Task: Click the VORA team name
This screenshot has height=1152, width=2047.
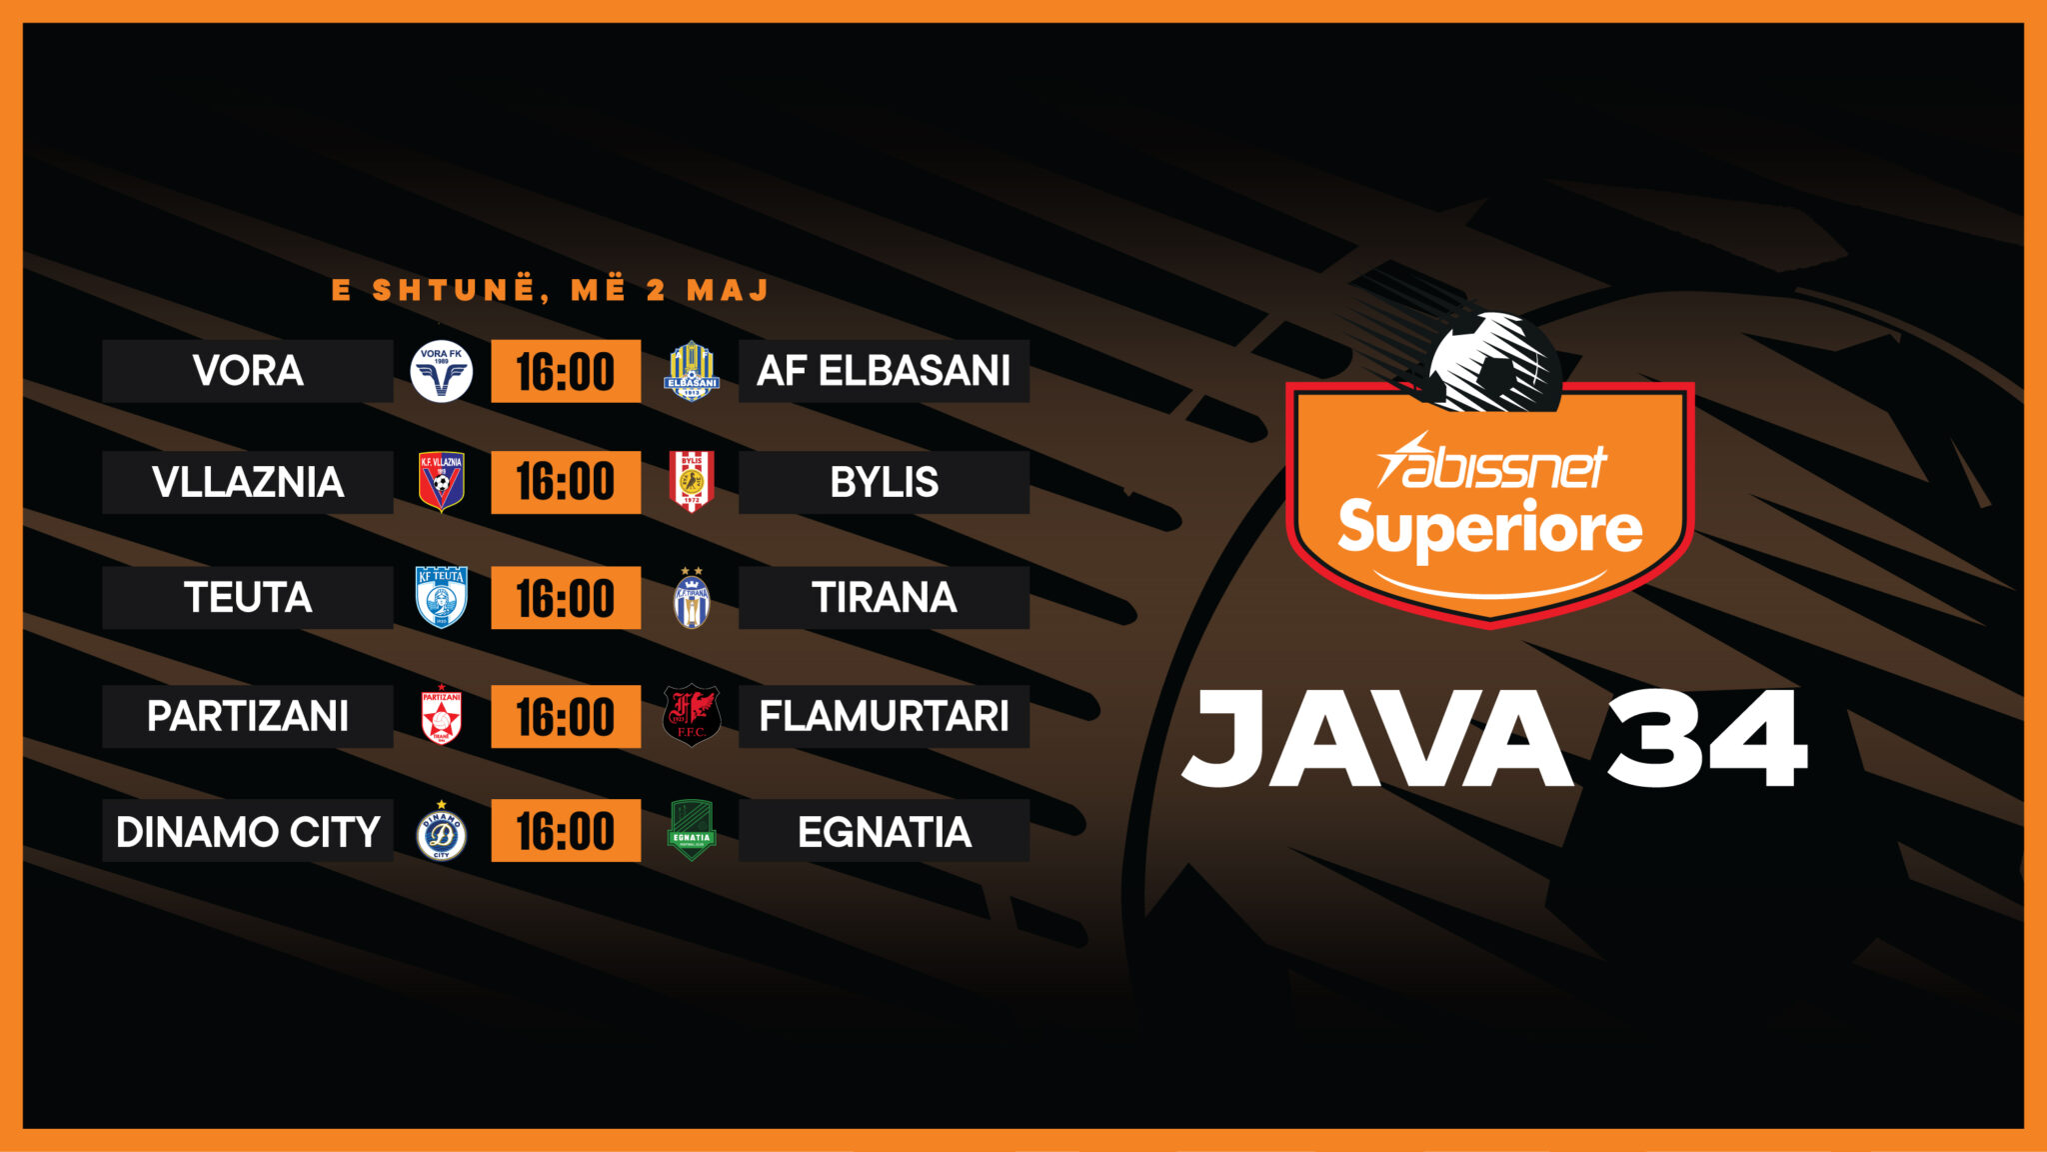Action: click(x=248, y=371)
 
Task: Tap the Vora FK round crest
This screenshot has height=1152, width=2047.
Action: click(x=441, y=371)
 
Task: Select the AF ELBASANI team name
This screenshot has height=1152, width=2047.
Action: click(x=884, y=371)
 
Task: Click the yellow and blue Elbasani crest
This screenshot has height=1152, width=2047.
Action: click(x=692, y=371)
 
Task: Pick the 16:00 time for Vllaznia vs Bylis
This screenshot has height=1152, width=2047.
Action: click(x=566, y=482)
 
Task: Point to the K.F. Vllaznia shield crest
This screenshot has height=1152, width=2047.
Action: click(x=441, y=482)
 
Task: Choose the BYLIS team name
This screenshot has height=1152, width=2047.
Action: click(x=884, y=483)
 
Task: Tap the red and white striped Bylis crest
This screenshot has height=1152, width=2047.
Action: click(x=692, y=482)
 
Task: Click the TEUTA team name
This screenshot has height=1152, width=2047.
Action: click(x=248, y=598)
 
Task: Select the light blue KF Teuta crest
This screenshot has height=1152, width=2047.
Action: click(x=441, y=598)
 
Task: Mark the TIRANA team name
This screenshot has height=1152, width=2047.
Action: click(x=884, y=598)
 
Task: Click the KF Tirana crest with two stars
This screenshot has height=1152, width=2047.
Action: click(x=692, y=598)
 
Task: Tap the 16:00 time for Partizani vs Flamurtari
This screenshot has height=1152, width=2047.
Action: click(x=566, y=717)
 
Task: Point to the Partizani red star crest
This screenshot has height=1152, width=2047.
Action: click(x=441, y=716)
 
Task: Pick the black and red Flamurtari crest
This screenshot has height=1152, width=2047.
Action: click(x=692, y=716)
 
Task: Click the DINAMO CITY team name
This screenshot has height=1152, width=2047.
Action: click(x=248, y=832)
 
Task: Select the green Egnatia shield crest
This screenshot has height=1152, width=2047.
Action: click(x=692, y=831)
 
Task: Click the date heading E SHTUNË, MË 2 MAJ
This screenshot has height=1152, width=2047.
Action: click(x=551, y=290)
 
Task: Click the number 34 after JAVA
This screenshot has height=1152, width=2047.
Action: click(x=1707, y=739)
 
